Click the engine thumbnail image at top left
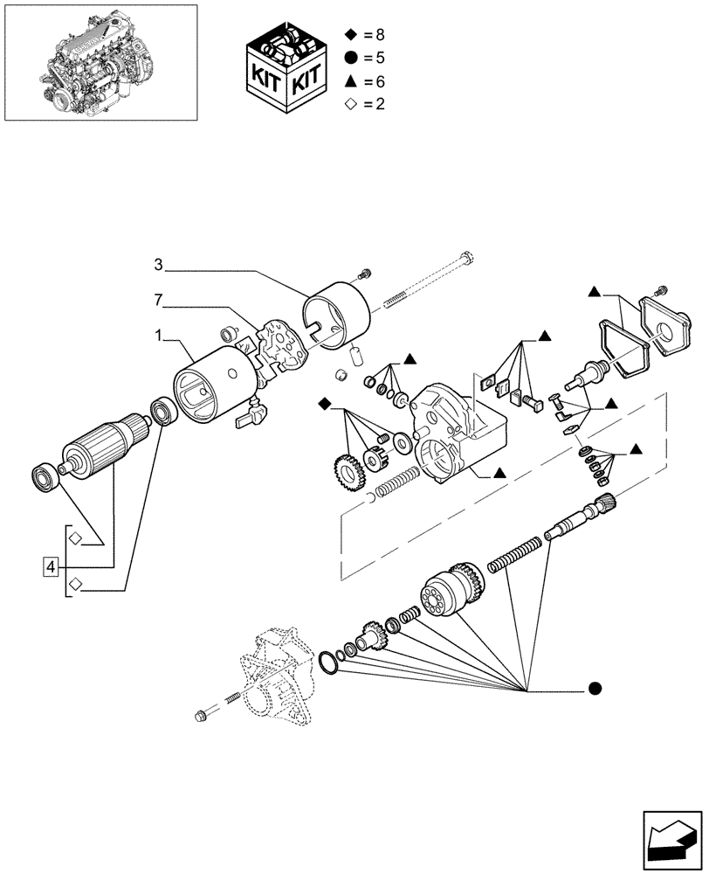point(100,62)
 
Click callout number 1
point(158,335)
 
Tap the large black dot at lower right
point(595,690)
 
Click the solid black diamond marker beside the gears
point(325,403)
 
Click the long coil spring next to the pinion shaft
point(514,557)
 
